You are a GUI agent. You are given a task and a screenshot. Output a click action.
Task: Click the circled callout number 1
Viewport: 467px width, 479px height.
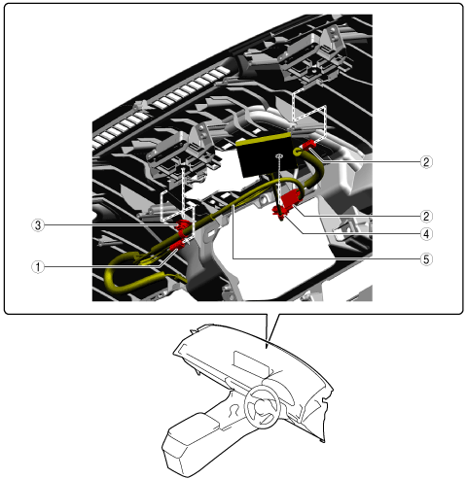coord(38,267)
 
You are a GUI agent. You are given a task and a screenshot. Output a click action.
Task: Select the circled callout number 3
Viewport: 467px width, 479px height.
coord(38,225)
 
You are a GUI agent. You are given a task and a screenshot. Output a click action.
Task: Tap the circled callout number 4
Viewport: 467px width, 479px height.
coord(426,234)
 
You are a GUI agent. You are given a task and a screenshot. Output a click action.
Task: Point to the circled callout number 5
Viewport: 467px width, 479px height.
coord(426,259)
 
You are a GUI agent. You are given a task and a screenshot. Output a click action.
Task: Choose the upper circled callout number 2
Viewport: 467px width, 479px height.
coord(426,161)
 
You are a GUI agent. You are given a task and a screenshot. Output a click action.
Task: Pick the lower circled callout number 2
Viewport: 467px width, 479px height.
coord(426,216)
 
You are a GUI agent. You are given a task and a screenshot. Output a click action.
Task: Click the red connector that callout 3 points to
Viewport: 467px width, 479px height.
coord(183,225)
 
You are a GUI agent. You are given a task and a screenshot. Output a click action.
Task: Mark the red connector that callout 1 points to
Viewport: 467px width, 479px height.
coord(177,245)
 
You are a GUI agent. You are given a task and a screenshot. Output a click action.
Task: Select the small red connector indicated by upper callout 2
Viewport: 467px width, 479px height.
coord(309,145)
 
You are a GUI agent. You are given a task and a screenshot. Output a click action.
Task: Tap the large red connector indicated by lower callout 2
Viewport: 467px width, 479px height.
coord(292,198)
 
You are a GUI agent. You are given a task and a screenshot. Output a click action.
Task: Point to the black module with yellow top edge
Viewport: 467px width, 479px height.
coord(265,154)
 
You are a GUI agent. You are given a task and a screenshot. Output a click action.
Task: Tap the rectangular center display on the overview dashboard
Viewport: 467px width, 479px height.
coord(250,363)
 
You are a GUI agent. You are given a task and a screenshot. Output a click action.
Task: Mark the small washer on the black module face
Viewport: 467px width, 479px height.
coord(278,156)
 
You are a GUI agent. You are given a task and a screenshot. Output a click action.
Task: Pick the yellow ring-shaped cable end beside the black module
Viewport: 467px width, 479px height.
coord(297,152)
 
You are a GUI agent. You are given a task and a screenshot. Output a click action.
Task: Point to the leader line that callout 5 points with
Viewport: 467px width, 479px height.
coord(326,258)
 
